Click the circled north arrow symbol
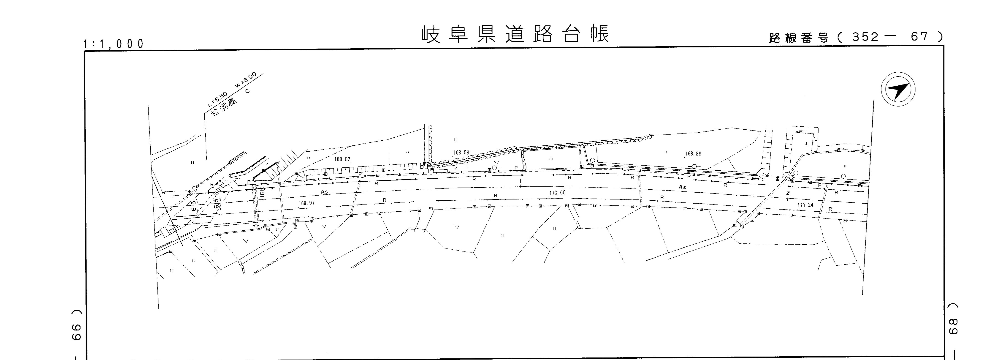898,89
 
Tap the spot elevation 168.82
342,159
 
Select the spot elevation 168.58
461,153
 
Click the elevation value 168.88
693,154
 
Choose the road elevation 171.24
805,205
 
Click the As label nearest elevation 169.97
324,192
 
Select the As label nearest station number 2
682,187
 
